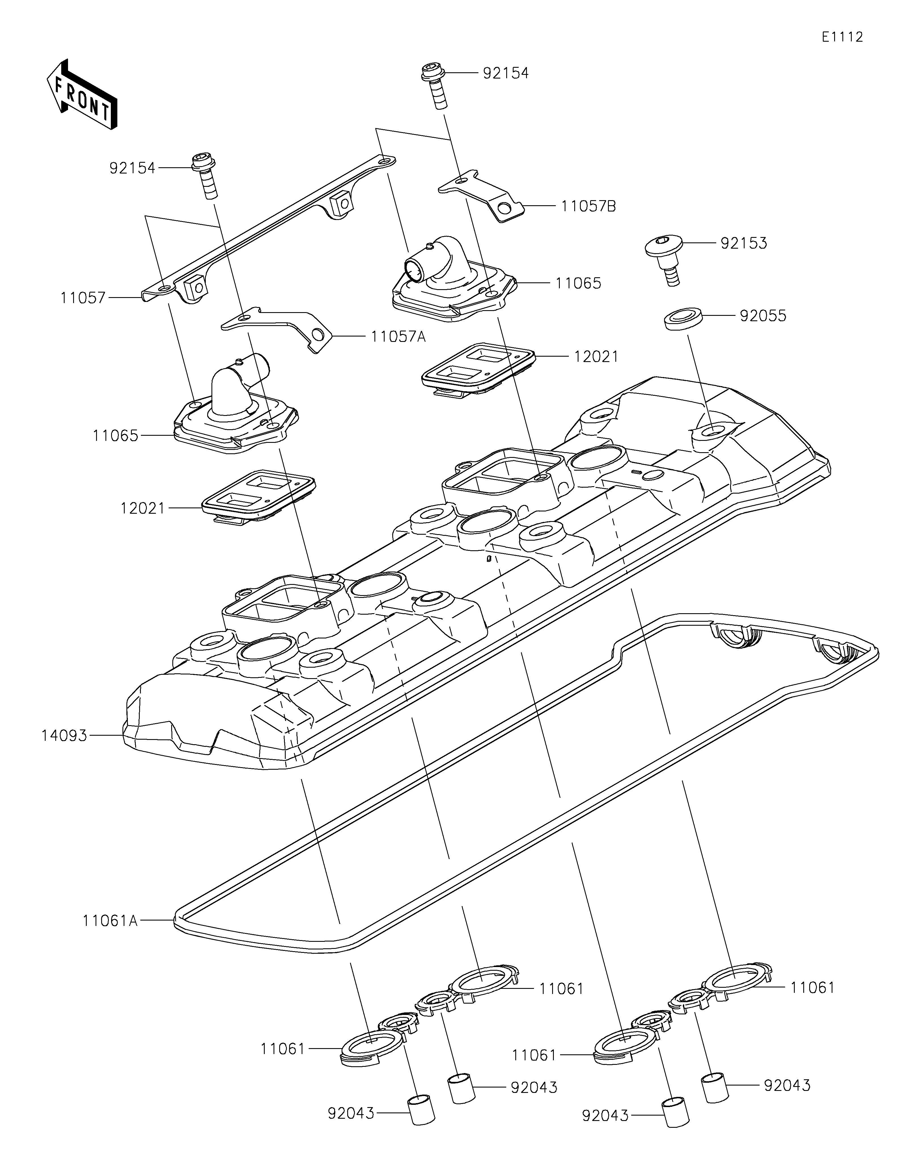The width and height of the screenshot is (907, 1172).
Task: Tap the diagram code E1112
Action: click(x=842, y=37)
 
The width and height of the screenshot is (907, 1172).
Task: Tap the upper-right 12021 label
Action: click(x=596, y=356)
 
